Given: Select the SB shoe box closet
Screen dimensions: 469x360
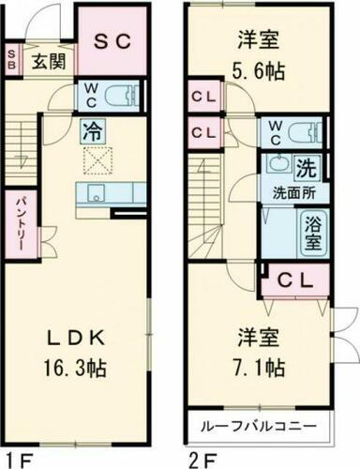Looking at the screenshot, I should (x=11, y=60).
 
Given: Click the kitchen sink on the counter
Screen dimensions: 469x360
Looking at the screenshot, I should (x=95, y=193).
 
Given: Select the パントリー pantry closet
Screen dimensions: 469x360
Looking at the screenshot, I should (x=19, y=223).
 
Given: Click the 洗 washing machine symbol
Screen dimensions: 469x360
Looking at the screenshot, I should (x=307, y=171).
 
